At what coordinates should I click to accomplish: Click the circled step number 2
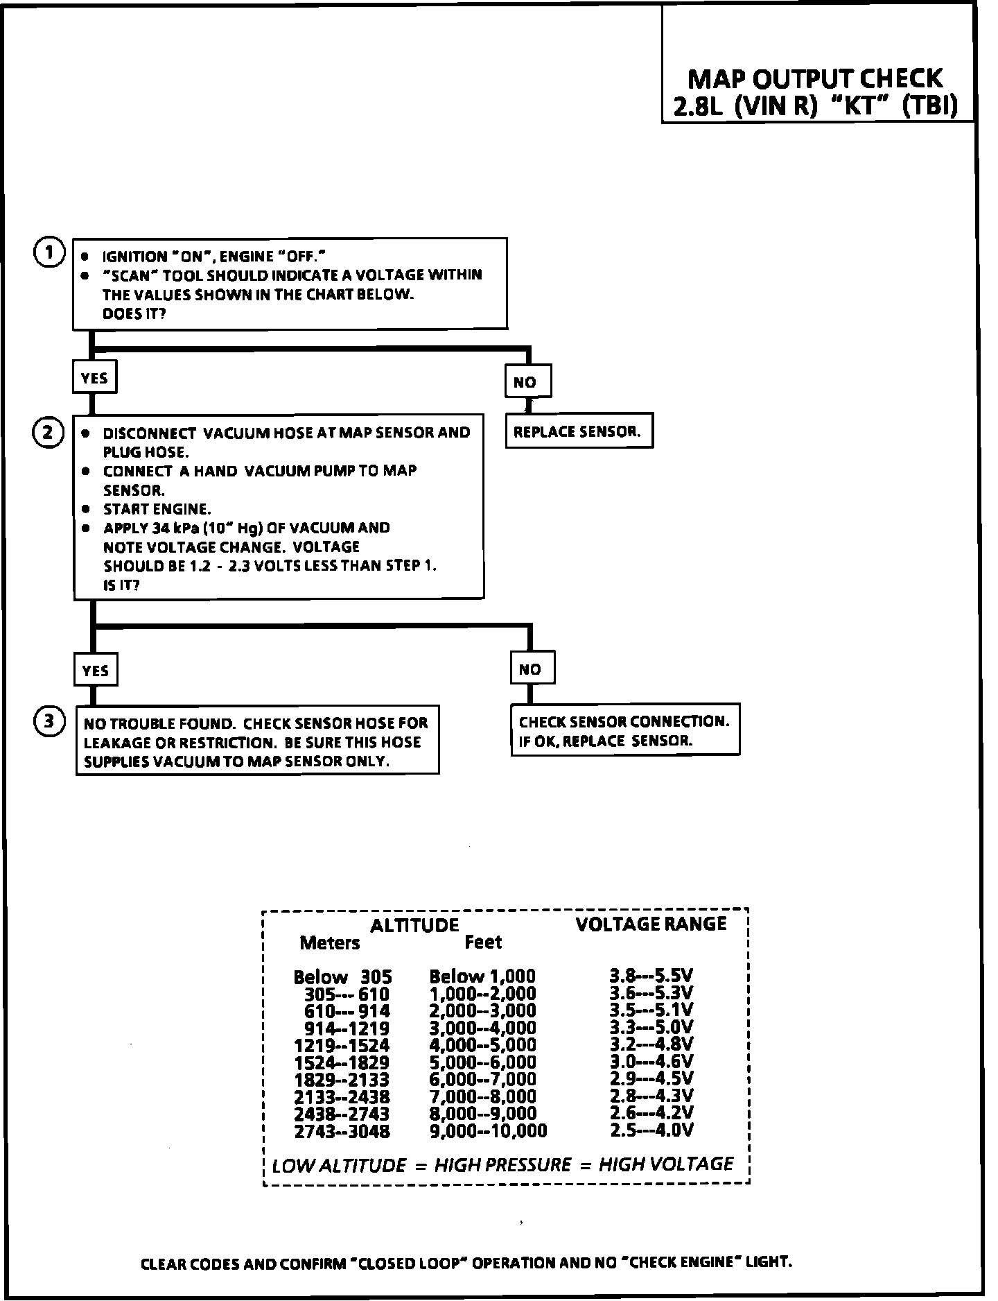(x=49, y=433)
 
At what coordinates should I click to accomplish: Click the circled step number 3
(x=49, y=722)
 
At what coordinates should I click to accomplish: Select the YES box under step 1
(x=94, y=378)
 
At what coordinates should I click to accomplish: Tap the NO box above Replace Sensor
(x=527, y=381)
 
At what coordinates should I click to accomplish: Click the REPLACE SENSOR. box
(x=579, y=432)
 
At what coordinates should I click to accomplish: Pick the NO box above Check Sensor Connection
(x=532, y=669)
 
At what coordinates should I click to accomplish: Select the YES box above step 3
(x=95, y=670)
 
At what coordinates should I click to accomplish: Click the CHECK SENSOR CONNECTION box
(x=624, y=730)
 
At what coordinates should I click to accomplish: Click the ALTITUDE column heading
(x=414, y=925)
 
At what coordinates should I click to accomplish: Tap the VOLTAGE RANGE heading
(x=651, y=923)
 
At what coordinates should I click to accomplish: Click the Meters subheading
(x=330, y=943)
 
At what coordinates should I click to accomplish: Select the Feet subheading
(x=483, y=942)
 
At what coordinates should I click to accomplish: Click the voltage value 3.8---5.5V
(x=651, y=976)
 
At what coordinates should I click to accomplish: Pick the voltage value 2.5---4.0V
(x=651, y=1130)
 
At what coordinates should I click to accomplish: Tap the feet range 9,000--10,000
(x=488, y=1131)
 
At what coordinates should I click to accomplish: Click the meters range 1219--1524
(x=342, y=1046)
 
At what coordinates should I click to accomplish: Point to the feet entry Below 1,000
(x=482, y=977)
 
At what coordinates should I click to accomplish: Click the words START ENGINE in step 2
(x=157, y=509)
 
